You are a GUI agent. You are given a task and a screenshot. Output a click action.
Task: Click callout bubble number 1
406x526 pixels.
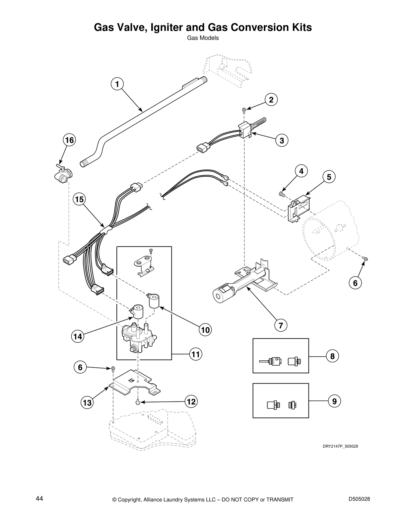117,84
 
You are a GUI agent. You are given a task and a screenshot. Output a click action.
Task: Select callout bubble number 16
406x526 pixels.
69,140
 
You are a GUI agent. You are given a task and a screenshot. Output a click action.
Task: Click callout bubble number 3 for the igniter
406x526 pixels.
282,140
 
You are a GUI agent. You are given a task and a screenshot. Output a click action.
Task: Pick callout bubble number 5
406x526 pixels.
329,177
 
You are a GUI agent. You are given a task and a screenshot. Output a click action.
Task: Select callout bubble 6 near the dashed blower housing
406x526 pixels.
355,283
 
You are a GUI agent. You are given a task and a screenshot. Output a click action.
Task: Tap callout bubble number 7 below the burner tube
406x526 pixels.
281,325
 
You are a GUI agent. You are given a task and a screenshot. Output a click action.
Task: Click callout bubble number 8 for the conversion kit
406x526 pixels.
332,356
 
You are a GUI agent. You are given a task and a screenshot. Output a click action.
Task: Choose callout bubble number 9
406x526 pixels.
334,401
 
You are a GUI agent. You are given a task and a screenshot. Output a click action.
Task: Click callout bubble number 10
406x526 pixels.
205,330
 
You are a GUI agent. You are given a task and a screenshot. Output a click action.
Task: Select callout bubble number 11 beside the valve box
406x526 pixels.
196,354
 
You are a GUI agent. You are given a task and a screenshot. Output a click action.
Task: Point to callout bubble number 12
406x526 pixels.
191,401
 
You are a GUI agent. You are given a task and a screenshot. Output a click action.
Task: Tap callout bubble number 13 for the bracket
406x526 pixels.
87,403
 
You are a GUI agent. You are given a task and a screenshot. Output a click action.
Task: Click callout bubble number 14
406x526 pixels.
78,337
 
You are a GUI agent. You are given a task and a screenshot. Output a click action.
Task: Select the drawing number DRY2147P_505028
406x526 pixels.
340,446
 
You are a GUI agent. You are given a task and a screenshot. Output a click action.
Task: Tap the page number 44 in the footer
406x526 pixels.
39,499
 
